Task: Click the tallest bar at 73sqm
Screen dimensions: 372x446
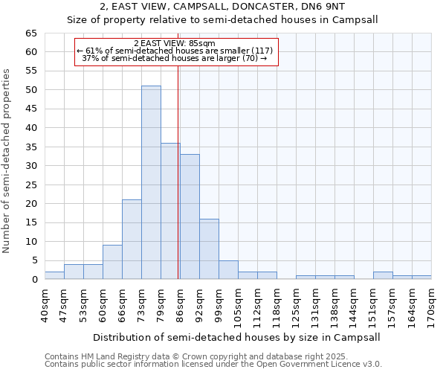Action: pos(151,182)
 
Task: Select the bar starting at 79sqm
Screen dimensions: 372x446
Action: pos(170,211)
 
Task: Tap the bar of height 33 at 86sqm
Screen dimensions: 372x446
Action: pos(190,217)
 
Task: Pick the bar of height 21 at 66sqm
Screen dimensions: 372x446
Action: pos(132,239)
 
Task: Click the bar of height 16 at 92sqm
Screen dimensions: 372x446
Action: pos(209,248)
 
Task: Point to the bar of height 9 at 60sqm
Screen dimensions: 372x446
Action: pos(112,262)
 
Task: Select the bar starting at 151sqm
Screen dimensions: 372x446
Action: pos(383,275)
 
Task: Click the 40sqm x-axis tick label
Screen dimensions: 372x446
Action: pos(45,305)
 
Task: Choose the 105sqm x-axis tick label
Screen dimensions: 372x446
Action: pos(238,307)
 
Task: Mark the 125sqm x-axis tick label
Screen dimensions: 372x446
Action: pos(296,307)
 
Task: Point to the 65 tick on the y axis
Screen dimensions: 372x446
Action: pos(30,33)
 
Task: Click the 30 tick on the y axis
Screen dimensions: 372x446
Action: pos(30,166)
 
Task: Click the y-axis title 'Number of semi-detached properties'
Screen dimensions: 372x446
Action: pos(7,161)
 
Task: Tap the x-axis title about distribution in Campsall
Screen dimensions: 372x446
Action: pos(237,337)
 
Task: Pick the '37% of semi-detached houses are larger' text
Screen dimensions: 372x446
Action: pos(175,57)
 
